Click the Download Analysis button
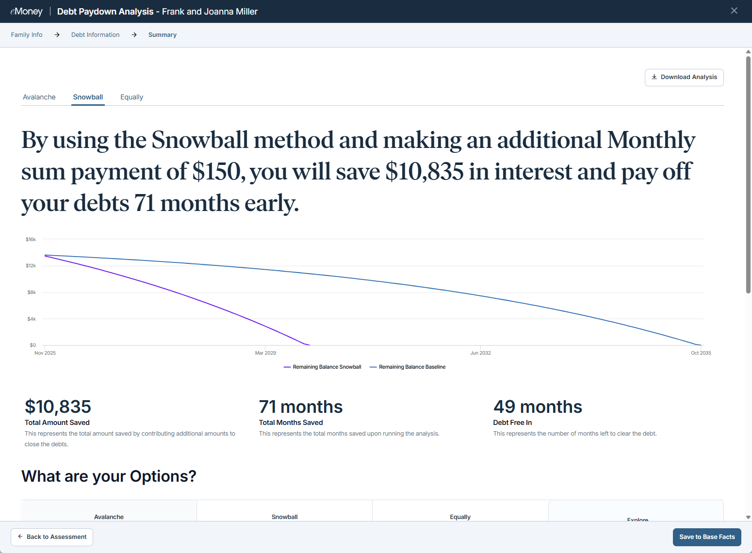[684, 77]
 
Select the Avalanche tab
[39, 97]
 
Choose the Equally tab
[131, 97]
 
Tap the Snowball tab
[88, 97]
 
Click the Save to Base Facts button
[707, 537]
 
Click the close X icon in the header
[734, 11]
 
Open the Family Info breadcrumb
[27, 34]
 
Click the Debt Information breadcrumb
[96, 34]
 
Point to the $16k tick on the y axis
[31, 240]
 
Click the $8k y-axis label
[32, 292]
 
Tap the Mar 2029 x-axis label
[265, 353]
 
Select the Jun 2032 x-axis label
[480, 353]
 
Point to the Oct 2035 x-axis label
[701, 353]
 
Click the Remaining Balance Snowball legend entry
[322, 367]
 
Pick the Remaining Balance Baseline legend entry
[408, 367]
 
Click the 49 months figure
[537, 407]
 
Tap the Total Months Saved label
[291, 423]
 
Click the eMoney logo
[27, 12]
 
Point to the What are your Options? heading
[109, 476]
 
